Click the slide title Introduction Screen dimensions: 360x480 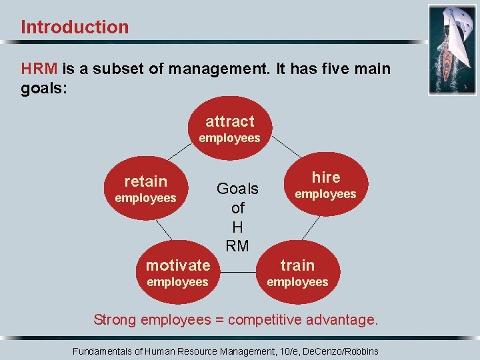pos(75,27)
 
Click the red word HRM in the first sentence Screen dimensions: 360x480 pos(39,69)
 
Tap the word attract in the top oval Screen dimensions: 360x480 pos(230,121)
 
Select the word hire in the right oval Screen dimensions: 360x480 pos(326,177)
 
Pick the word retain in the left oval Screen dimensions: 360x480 pos(146,181)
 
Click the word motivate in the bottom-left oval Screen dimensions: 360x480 pos(178,265)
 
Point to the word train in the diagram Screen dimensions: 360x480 pos(297,265)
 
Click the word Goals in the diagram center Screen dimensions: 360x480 pos(237,189)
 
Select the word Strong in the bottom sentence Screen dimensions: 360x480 pos(115,320)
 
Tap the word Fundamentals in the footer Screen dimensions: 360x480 pos(103,351)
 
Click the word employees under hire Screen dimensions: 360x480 pos(326,195)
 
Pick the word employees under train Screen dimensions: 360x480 pos(297,282)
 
